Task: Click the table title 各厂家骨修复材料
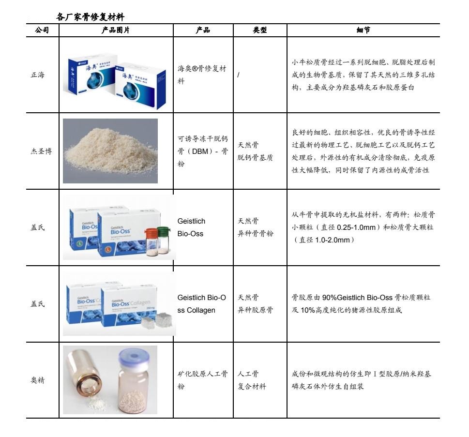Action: coord(90,17)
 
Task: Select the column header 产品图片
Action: coord(116,30)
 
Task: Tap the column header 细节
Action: coord(363,30)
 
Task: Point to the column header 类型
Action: coord(259,30)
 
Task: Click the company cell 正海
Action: coord(38,75)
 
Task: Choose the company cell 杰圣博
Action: coord(41,151)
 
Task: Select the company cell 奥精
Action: coord(38,380)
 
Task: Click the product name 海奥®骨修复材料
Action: coord(202,75)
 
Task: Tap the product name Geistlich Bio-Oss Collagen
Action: coord(202,304)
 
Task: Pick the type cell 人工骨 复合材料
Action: coord(252,380)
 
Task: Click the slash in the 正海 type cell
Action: coord(239,75)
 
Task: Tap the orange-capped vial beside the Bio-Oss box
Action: coord(151,242)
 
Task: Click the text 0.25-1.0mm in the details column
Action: coord(356,227)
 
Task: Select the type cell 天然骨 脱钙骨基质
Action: coord(255,151)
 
